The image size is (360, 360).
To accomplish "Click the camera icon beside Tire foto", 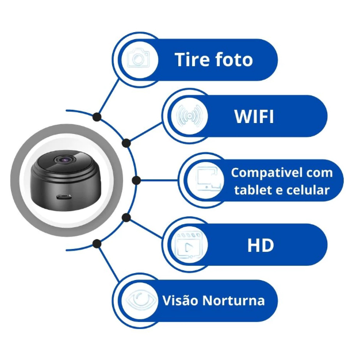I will [138, 59].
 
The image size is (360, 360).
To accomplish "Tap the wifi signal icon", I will [188, 116].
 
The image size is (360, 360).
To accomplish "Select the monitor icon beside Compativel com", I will [205, 180].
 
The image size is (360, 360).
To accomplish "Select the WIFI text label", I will [254, 116].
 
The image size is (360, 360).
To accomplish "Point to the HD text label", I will [261, 245].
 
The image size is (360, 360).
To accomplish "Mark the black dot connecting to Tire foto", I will [97, 117].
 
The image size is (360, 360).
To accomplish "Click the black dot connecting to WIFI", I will [126, 142].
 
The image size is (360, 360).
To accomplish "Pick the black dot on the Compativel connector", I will [136, 180].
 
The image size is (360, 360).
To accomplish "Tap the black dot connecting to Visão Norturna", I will [97, 243].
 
